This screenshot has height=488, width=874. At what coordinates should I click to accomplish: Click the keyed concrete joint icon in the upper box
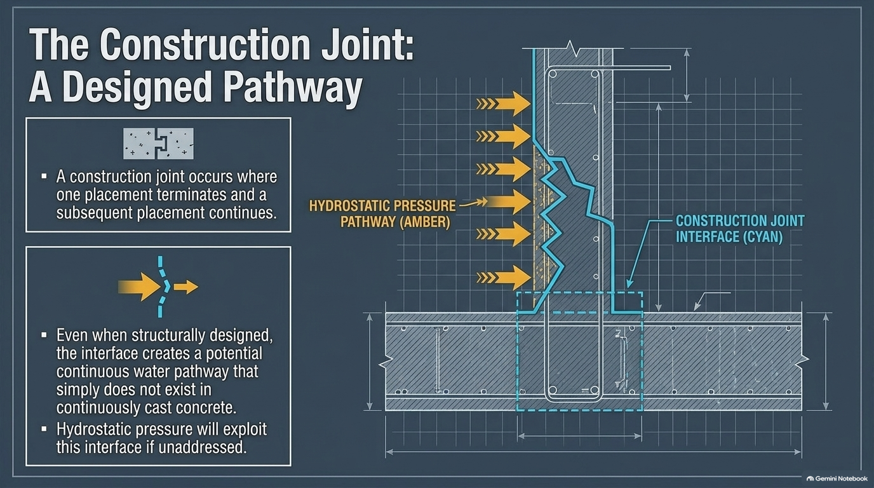(x=158, y=144)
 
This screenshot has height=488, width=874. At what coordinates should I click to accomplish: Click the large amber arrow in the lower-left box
(x=139, y=287)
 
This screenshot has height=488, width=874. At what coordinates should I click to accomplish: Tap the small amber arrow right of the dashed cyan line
(x=185, y=287)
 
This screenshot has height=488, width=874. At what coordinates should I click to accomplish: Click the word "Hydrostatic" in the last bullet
(x=94, y=429)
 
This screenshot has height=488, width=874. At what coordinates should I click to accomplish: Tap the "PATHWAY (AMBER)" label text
(x=395, y=222)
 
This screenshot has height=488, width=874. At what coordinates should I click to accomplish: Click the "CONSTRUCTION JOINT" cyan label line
(x=740, y=221)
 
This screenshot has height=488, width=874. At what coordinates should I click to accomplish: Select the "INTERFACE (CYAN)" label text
(x=729, y=237)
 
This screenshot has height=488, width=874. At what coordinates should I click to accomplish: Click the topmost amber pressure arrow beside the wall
(x=503, y=104)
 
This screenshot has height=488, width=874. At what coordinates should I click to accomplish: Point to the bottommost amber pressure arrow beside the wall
(x=503, y=278)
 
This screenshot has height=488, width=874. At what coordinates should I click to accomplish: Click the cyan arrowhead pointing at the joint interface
(x=629, y=284)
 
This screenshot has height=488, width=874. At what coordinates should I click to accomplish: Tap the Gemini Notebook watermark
(x=837, y=478)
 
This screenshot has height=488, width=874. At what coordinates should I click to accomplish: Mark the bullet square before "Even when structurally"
(x=44, y=335)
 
